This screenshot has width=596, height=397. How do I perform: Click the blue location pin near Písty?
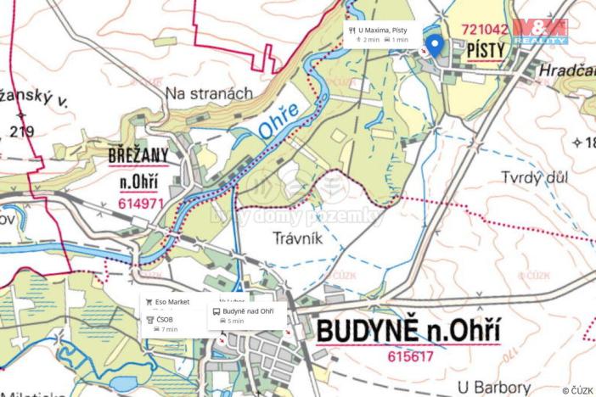435,46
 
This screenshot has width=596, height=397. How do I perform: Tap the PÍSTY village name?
485,51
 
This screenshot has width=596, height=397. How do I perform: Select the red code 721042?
484,28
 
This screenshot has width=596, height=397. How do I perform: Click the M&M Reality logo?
540,31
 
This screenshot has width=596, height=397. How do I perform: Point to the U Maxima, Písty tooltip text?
382,30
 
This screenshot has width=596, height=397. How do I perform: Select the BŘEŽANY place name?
138,156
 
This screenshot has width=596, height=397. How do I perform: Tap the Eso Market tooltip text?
172,302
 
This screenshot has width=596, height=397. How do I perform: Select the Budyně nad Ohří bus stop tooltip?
248,311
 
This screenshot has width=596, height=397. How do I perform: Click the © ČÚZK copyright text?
577,390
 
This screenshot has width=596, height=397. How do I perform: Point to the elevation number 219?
21,131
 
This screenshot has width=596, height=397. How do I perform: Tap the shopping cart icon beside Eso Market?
149,302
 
